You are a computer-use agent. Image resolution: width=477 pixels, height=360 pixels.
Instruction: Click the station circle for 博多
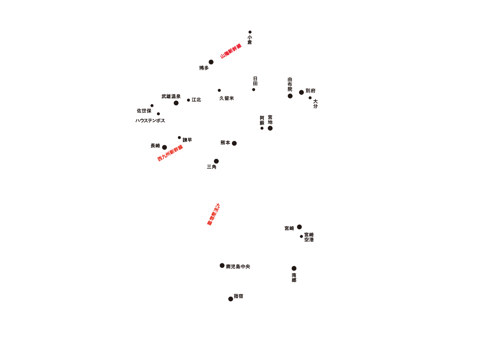[x=211, y=62]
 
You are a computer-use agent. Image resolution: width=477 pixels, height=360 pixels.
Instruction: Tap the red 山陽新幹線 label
[x=231, y=51]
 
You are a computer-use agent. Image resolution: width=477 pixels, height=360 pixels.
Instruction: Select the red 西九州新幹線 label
[x=170, y=153]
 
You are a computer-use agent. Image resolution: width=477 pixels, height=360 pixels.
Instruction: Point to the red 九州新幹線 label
[x=213, y=214]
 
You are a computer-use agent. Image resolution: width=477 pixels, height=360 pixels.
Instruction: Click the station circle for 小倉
[x=250, y=32]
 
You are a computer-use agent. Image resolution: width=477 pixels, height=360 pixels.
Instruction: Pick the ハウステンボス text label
[x=150, y=121]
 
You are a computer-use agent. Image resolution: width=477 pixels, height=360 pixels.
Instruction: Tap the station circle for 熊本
[x=234, y=143]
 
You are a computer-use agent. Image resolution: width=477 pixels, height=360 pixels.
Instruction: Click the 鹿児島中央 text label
[x=238, y=267]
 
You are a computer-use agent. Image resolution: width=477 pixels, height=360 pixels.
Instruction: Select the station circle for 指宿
[x=231, y=299]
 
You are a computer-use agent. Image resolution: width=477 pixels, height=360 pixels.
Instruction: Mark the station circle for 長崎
[x=164, y=147]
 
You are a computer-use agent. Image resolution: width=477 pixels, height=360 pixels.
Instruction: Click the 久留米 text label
[x=226, y=98]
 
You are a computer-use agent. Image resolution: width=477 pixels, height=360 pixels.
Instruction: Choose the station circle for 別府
[x=301, y=92]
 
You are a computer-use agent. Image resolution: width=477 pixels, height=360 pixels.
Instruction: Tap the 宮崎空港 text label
[x=309, y=237]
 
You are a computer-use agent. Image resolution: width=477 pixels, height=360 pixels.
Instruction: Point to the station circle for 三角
[x=216, y=161]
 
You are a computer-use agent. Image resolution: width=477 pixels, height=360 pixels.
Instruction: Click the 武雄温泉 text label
[x=171, y=96]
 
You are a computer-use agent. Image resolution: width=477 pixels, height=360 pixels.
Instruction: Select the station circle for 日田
[x=254, y=90]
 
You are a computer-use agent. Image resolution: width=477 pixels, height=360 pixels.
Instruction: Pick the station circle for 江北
[x=189, y=100]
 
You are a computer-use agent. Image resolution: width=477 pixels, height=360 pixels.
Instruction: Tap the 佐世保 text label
[x=144, y=111]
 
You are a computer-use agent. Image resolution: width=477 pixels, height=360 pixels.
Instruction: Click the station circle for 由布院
[x=290, y=96]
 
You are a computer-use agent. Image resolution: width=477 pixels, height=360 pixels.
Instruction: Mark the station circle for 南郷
[x=294, y=268]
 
